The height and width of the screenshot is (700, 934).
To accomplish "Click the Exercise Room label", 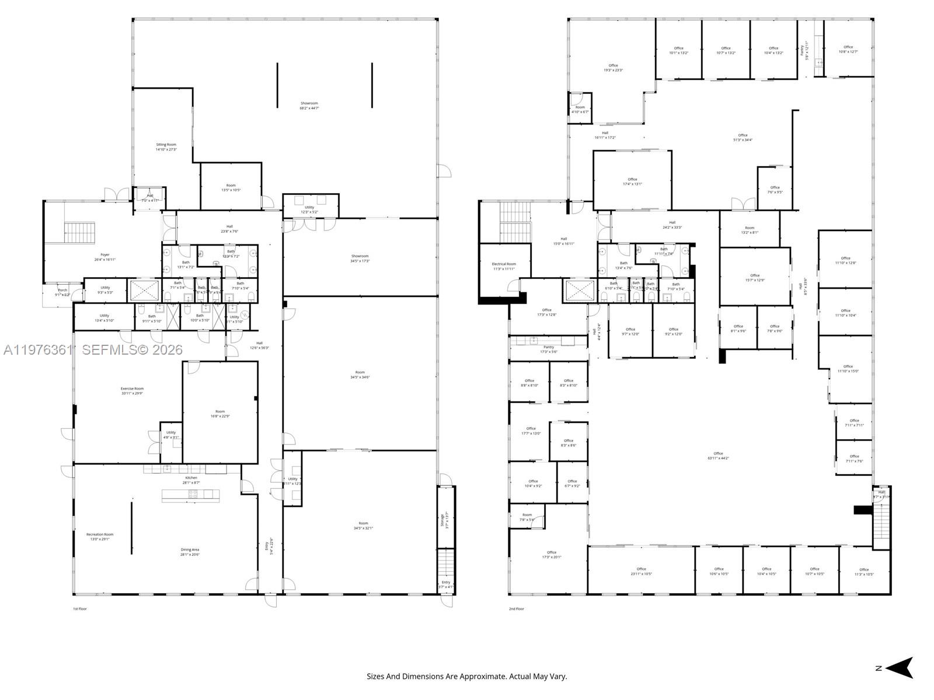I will tap(132, 391).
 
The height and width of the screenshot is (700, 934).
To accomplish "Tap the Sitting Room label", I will tap(166, 147).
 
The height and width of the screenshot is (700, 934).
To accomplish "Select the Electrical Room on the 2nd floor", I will tap(504, 266).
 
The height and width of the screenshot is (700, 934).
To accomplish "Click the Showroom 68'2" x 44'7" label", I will tap(309, 106).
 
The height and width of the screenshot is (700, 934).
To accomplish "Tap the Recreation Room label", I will tap(100, 537).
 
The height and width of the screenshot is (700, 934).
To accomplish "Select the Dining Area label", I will tap(190, 552).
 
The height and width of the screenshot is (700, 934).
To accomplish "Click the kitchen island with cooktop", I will tap(191, 495).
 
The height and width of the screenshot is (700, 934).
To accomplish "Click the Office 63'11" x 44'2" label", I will tap(718, 456).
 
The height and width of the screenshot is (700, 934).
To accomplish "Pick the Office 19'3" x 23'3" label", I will tap(613, 68).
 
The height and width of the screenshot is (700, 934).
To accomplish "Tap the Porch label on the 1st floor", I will tap(62, 292).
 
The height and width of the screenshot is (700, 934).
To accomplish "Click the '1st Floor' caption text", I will tap(79, 609).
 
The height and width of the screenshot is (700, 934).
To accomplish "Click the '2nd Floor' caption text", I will tap(516, 609).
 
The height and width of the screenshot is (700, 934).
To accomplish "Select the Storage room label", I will tap(445, 520).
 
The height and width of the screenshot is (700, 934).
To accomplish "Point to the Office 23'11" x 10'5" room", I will tap(641, 571).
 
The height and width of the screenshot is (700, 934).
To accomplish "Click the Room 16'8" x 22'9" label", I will tap(220, 414).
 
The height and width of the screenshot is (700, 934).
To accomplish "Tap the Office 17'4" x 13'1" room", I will tap(632, 181).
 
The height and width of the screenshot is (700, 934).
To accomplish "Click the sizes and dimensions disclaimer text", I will tap(466, 677).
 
